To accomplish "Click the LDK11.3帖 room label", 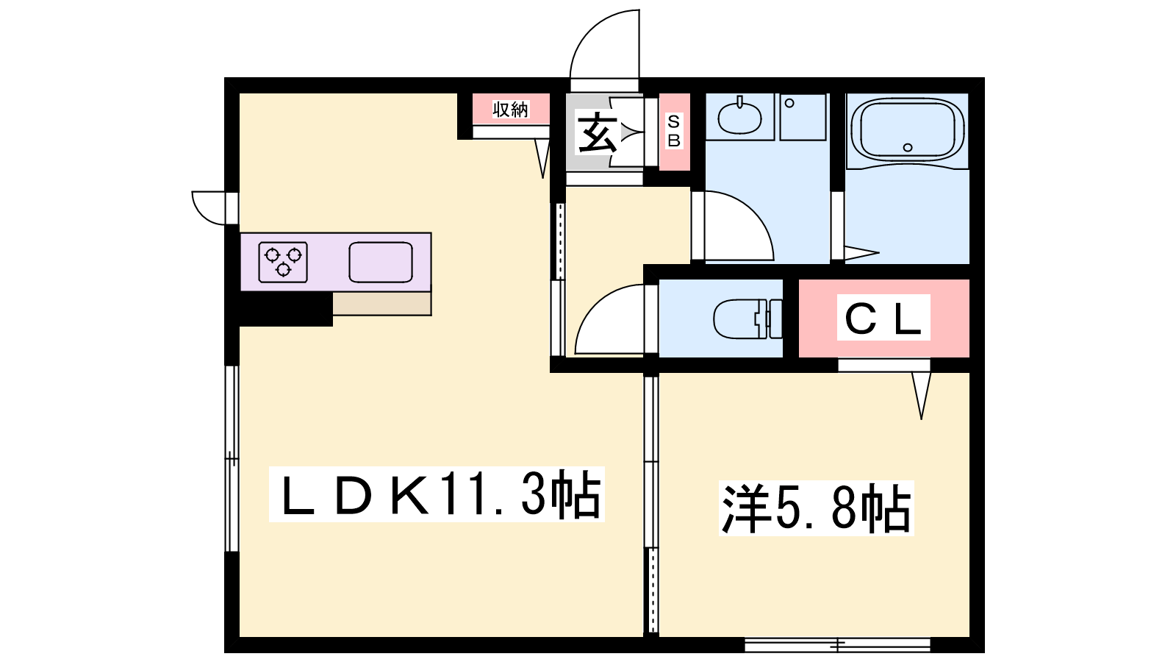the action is (x=437, y=494).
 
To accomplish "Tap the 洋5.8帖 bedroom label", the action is (x=817, y=508).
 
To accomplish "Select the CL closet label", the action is (x=883, y=317).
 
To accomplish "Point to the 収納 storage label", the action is (x=511, y=110).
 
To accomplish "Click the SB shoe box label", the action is (x=674, y=131).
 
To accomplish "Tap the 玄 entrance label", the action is (x=596, y=132).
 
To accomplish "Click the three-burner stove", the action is (x=283, y=262).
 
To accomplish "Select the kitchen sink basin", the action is (x=381, y=262).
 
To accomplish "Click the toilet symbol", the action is (x=747, y=318).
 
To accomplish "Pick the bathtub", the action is (x=907, y=132).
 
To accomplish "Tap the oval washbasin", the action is (x=739, y=118).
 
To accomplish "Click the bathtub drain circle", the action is (x=908, y=148).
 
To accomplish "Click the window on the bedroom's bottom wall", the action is (x=837, y=644).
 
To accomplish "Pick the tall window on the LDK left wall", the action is (x=232, y=458).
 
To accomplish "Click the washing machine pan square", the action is (x=803, y=117).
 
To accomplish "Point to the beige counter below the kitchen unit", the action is (x=382, y=305).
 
